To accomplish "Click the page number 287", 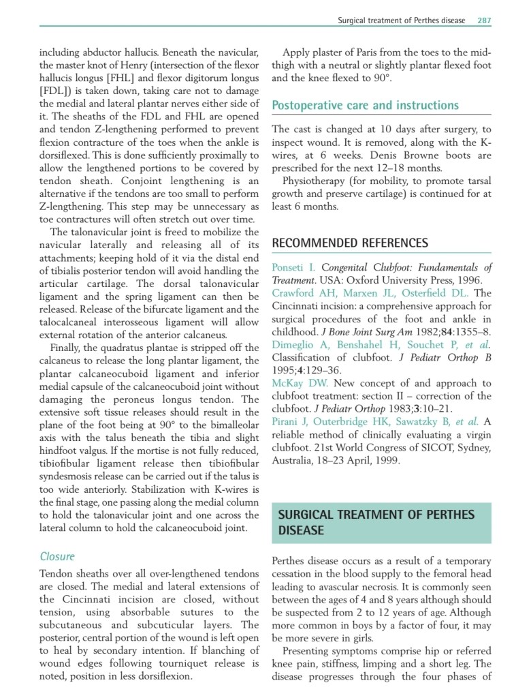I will [483, 20].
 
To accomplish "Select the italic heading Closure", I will [57, 556].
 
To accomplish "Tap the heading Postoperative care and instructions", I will [365, 105].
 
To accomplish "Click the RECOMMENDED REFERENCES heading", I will [350, 243].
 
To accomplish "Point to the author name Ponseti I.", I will [293, 267].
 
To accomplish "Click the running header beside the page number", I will [402, 20].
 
